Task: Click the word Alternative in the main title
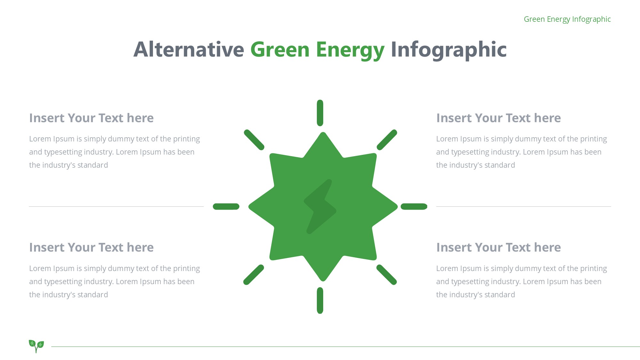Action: pyautogui.click(x=189, y=50)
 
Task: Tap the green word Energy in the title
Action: pyautogui.click(x=350, y=51)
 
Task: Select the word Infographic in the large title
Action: pyautogui.click(x=449, y=50)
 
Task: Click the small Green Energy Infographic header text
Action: pyautogui.click(x=567, y=19)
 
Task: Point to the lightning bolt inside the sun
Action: pyautogui.click(x=320, y=207)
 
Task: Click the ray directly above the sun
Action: pyautogui.click(x=320, y=113)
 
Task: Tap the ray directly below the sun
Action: pyautogui.click(x=320, y=300)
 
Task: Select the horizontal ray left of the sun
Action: pyautogui.click(x=226, y=207)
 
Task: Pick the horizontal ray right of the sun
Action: pyautogui.click(x=414, y=207)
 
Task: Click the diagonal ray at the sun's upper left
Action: pyautogui.click(x=254, y=140)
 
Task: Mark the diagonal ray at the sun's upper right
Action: pyautogui.click(x=387, y=140)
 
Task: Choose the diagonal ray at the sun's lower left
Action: pyautogui.click(x=253, y=275)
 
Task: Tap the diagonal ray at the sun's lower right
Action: pyautogui.click(x=387, y=275)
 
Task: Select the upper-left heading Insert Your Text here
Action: pyautogui.click(x=92, y=118)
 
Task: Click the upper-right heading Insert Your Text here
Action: pyautogui.click(x=499, y=118)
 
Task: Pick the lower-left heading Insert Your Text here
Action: pyautogui.click(x=92, y=247)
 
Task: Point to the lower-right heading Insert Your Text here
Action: pyautogui.click(x=499, y=247)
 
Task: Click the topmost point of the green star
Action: pyautogui.click(x=323, y=132)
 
